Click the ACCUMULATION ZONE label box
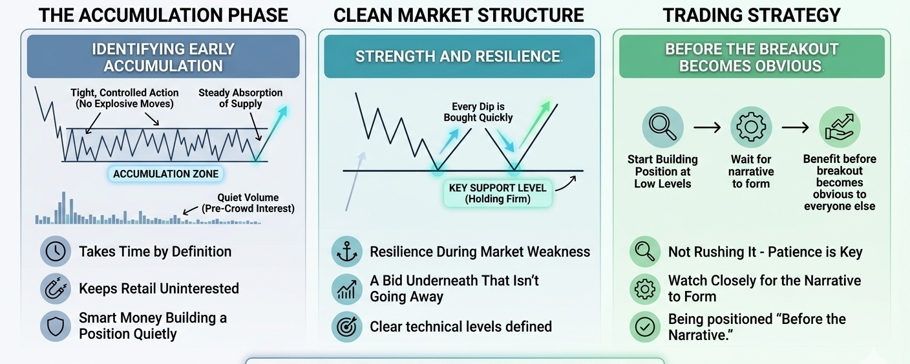coord(165,174)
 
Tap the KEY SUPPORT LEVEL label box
coord(498,193)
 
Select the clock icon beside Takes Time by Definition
coord(56,252)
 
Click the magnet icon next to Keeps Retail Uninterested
coord(56,288)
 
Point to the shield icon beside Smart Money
coord(56,326)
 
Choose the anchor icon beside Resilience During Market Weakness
coord(346,252)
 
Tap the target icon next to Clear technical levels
coord(346,327)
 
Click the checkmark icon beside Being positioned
coord(645,327)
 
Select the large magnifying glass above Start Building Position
coord(662,127)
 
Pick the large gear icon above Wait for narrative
coord(751,127)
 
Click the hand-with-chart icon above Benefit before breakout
coord(840,127)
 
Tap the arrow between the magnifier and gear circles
coord(707,127)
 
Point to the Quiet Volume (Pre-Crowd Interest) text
coord(248,203)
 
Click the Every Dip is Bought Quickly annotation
coord(478,112)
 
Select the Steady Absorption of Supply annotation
coord(240,98)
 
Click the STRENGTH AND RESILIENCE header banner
coord(459,56)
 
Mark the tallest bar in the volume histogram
coord(63,208)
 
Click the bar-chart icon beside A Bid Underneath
coord(346,289)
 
